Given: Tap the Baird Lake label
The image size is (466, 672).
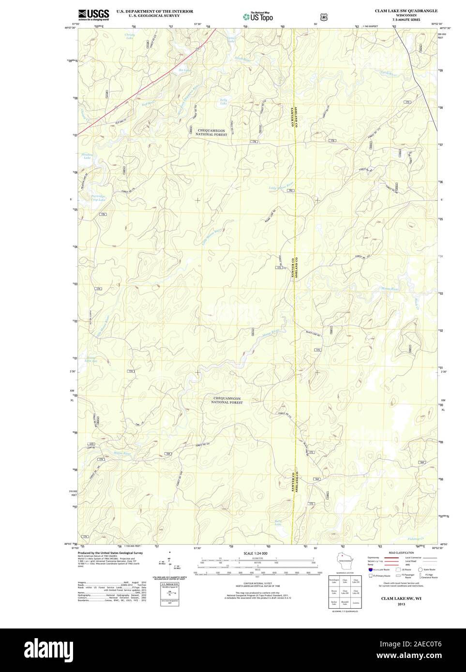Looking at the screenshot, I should coord(278,522).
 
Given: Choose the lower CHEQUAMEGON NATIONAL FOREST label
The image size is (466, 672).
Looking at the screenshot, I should coord(227,400).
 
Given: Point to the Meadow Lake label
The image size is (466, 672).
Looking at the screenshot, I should coord(87,156).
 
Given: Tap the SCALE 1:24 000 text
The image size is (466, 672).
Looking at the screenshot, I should coord(256,553).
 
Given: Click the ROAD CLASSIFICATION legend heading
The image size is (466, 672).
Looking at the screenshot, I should coord(402,552).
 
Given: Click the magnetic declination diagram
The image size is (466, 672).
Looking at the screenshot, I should coord(169,565).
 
